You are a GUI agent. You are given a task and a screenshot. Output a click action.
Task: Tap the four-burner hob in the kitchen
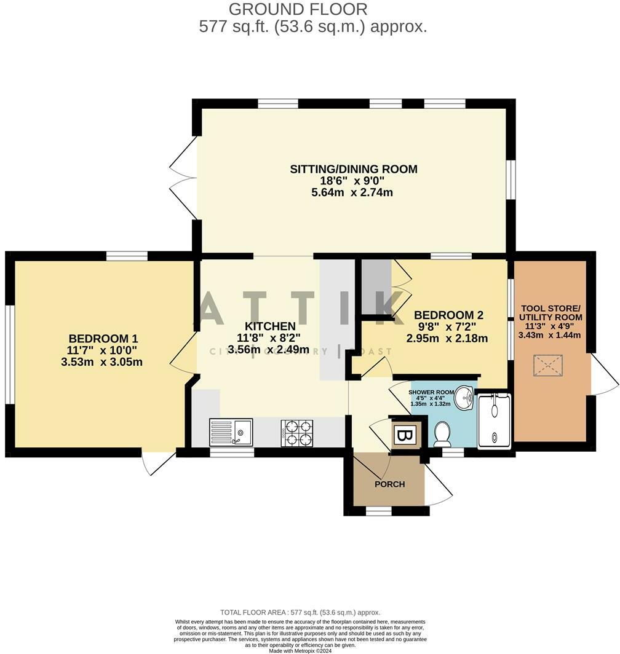tap(297, 433)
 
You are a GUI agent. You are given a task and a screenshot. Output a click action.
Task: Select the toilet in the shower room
tap(442, 435)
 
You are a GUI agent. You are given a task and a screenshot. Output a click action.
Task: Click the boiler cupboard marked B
tap(404, 436)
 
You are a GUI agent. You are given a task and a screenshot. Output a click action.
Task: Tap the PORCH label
tap(390, 484)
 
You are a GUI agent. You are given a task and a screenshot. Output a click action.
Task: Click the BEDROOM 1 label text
tap(103, 338)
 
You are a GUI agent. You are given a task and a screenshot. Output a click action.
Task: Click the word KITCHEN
tap(270, 326)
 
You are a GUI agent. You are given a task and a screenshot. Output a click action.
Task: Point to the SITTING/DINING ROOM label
tap(354, 169)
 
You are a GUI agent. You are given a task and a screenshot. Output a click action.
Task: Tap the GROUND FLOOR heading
tap(298, 9)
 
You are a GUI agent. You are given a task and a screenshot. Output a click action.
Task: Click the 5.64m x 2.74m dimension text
tap(352, 192)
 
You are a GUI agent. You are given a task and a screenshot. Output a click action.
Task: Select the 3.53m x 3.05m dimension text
tap(103, 362)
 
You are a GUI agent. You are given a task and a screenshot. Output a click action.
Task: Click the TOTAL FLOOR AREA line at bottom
tap(300, 612)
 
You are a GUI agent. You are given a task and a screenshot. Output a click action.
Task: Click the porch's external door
tap(438, 486)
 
